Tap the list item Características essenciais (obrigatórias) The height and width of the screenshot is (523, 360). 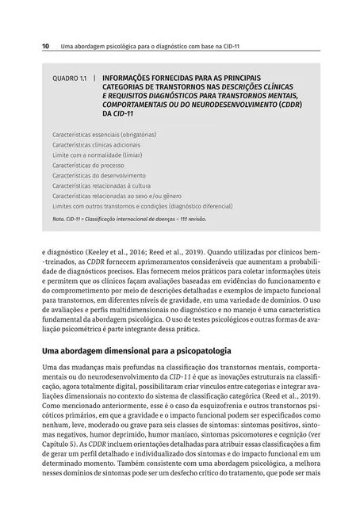click(x=104, y=136)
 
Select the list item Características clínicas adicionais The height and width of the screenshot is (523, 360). click(x=96, y=145)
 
